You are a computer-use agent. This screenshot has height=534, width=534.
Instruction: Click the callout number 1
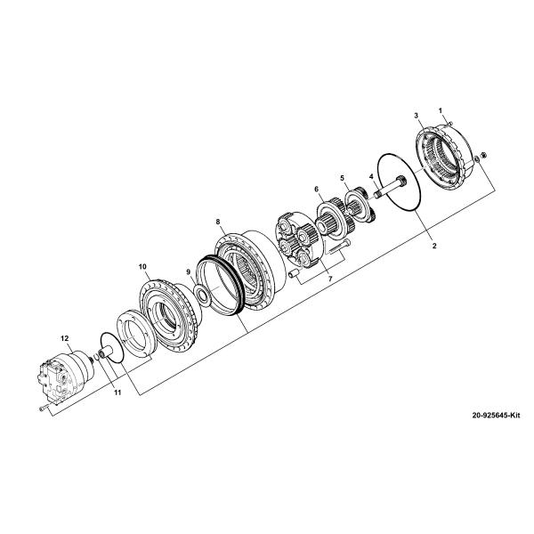click(x=440, y=109)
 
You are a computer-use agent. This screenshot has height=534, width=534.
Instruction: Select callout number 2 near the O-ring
click(x=433, y=244)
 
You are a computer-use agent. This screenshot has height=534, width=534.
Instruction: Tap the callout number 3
click(x=417, y=117)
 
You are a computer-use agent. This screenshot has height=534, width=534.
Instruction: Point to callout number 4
click(x=370, y=176)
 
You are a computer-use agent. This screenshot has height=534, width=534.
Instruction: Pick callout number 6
click(x=316, y=190)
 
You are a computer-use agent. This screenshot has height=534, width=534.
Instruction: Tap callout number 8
click(x=217, y=221)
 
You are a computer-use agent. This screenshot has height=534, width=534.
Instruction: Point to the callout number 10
click(x=142, y=266)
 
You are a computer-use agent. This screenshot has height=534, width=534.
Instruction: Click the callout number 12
click(x=64, y=338)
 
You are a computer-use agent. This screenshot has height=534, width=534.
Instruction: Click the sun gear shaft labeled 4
click(x=391, y=189)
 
